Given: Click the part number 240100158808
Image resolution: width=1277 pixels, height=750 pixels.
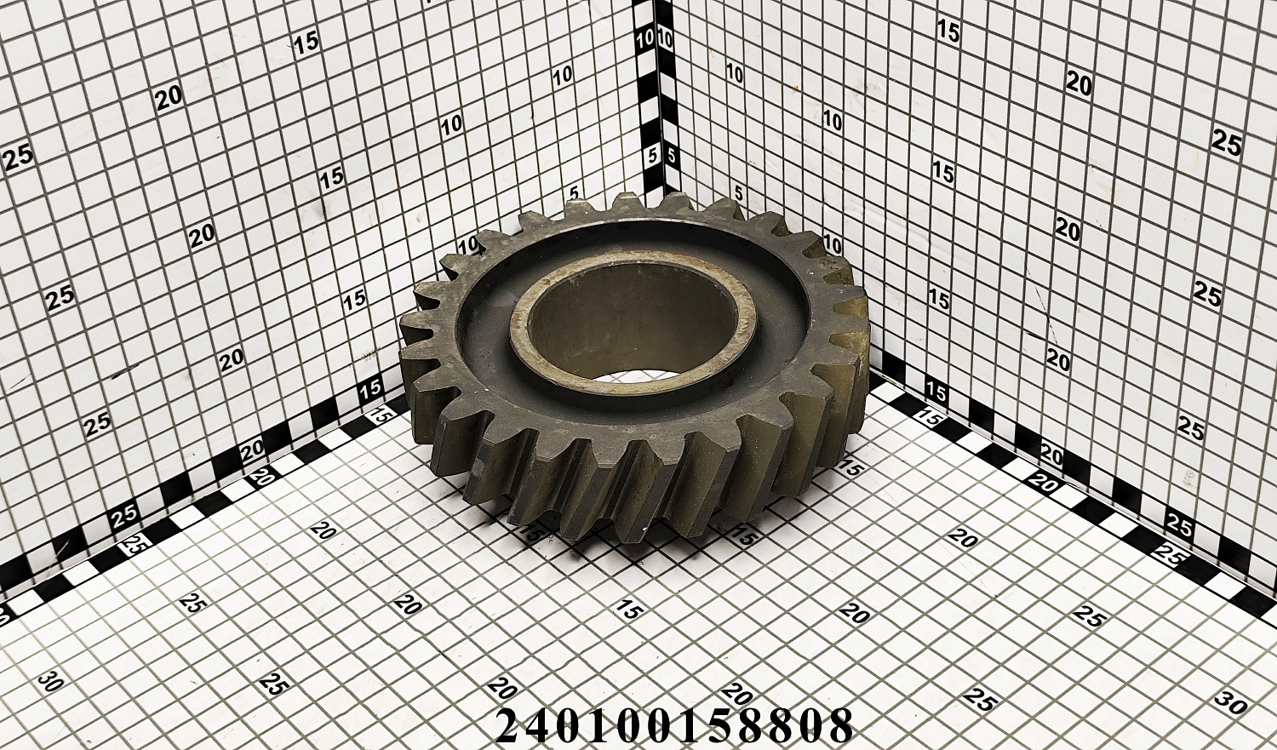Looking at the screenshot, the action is click(674, 725).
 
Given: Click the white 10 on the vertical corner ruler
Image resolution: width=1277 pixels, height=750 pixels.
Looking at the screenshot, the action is click(645, 40).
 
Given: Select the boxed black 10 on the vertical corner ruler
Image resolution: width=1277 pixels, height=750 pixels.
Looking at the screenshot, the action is click(665, 40).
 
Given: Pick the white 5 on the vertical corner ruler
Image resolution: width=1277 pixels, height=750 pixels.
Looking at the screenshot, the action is click(653, 156).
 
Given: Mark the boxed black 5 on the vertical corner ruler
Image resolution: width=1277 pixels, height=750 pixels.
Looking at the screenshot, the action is click(671, 156).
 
